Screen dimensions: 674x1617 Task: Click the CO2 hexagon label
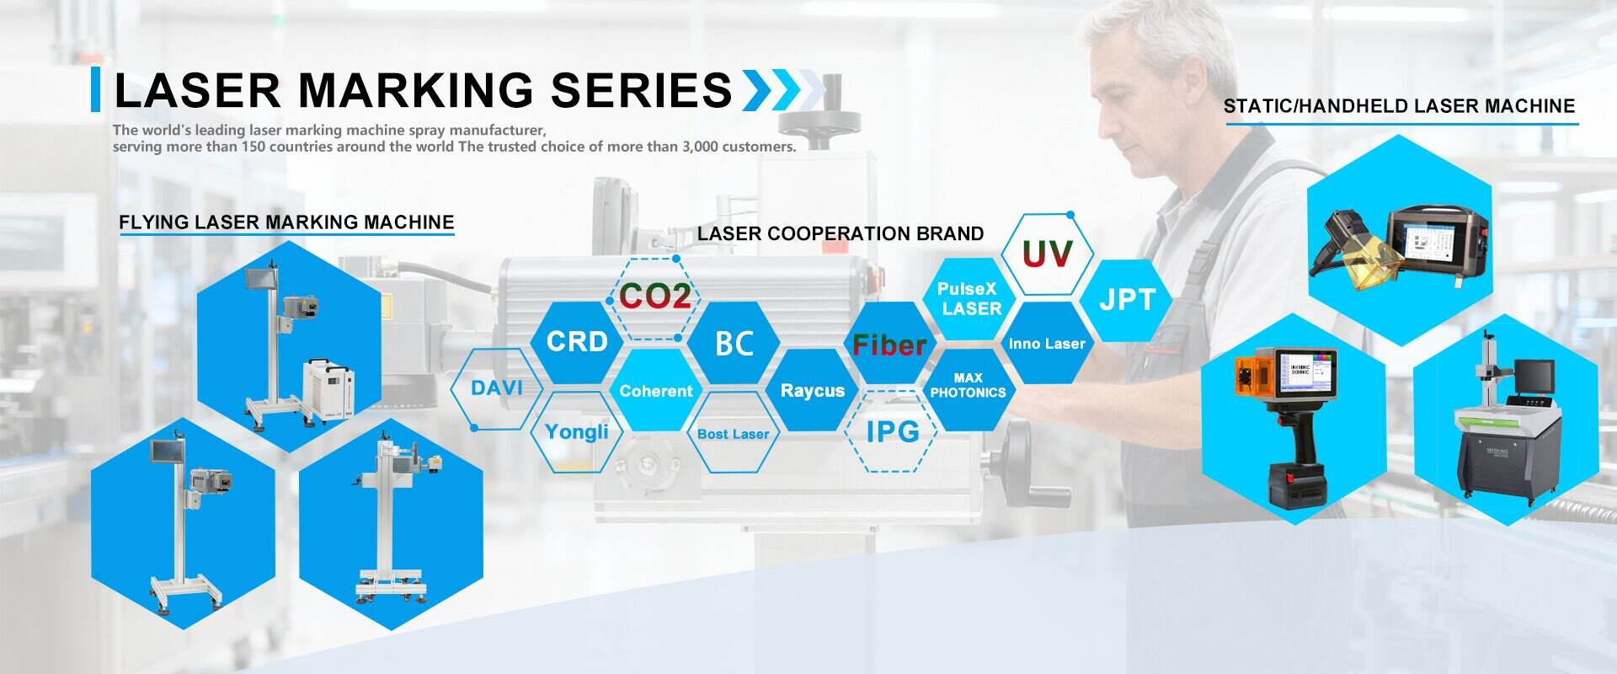[x=654, y=296]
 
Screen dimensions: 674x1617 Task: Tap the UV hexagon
[x=1047, y=254]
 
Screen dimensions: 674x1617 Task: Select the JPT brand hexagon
[x=1127, y=299]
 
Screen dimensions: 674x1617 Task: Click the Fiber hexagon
[x=889, y=345]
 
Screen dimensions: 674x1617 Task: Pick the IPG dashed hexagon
[x=892, y=431]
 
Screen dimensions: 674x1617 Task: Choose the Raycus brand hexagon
[x=812, y=390]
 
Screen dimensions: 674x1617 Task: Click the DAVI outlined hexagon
[x=496, y=388]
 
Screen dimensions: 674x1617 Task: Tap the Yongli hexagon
[x=576, y=432]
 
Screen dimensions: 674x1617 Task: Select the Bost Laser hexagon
[x=733, y=434]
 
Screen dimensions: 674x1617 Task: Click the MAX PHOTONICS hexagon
[x=968, y=386]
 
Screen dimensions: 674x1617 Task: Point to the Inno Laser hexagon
[x=1047, y=344]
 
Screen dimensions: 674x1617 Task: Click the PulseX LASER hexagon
[x=969, y=298]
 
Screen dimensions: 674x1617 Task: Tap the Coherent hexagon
[x=655, y=391]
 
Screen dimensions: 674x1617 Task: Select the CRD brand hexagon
[x=577, y=341]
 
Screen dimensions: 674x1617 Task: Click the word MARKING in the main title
[x=415, y=90]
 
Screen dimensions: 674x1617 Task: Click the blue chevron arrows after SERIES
[x=781, y=90]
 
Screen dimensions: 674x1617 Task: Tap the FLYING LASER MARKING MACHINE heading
[x=286, y=222]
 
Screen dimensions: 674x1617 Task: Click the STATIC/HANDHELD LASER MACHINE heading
[x=1399, y=106]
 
